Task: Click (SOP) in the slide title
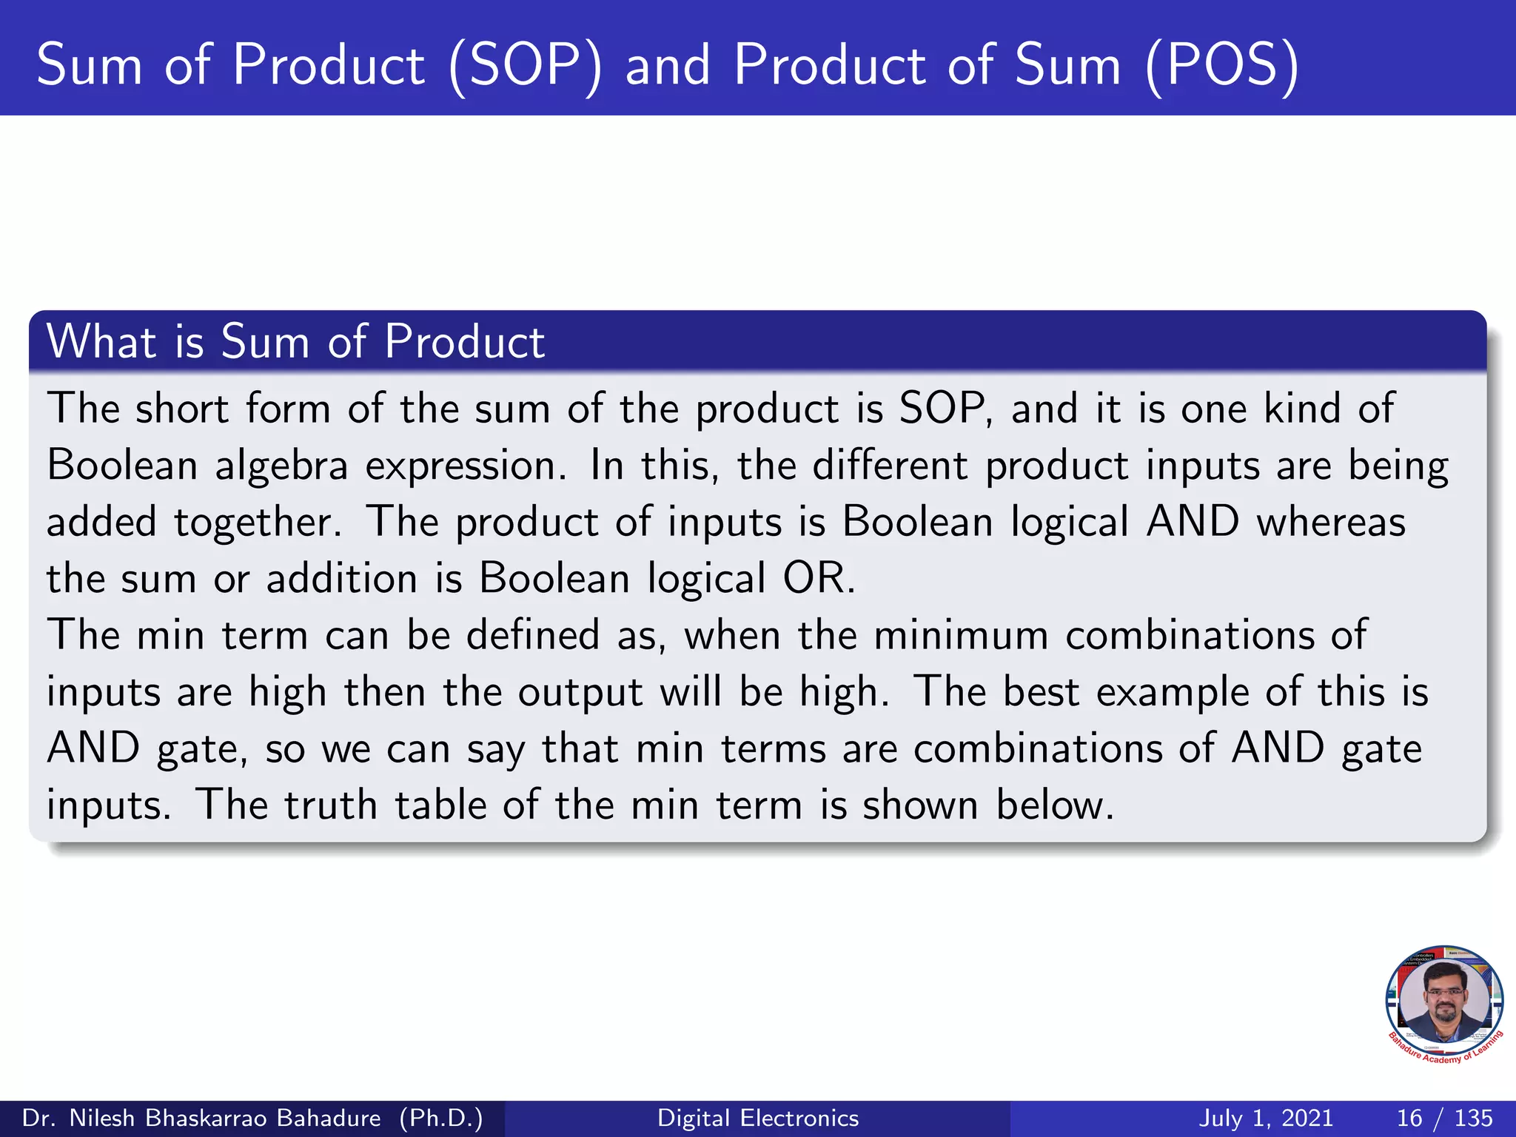[525, 67]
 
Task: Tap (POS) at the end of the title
[1222, 67]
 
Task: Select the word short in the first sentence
[181, 409]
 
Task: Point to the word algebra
[281, 466]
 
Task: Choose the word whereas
[1331, 523]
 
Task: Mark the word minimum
[961, 636]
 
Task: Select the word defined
[533, 636]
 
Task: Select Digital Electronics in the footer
[758, 1118]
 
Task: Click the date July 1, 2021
[1266, 1118]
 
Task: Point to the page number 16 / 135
[1444, 1118]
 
